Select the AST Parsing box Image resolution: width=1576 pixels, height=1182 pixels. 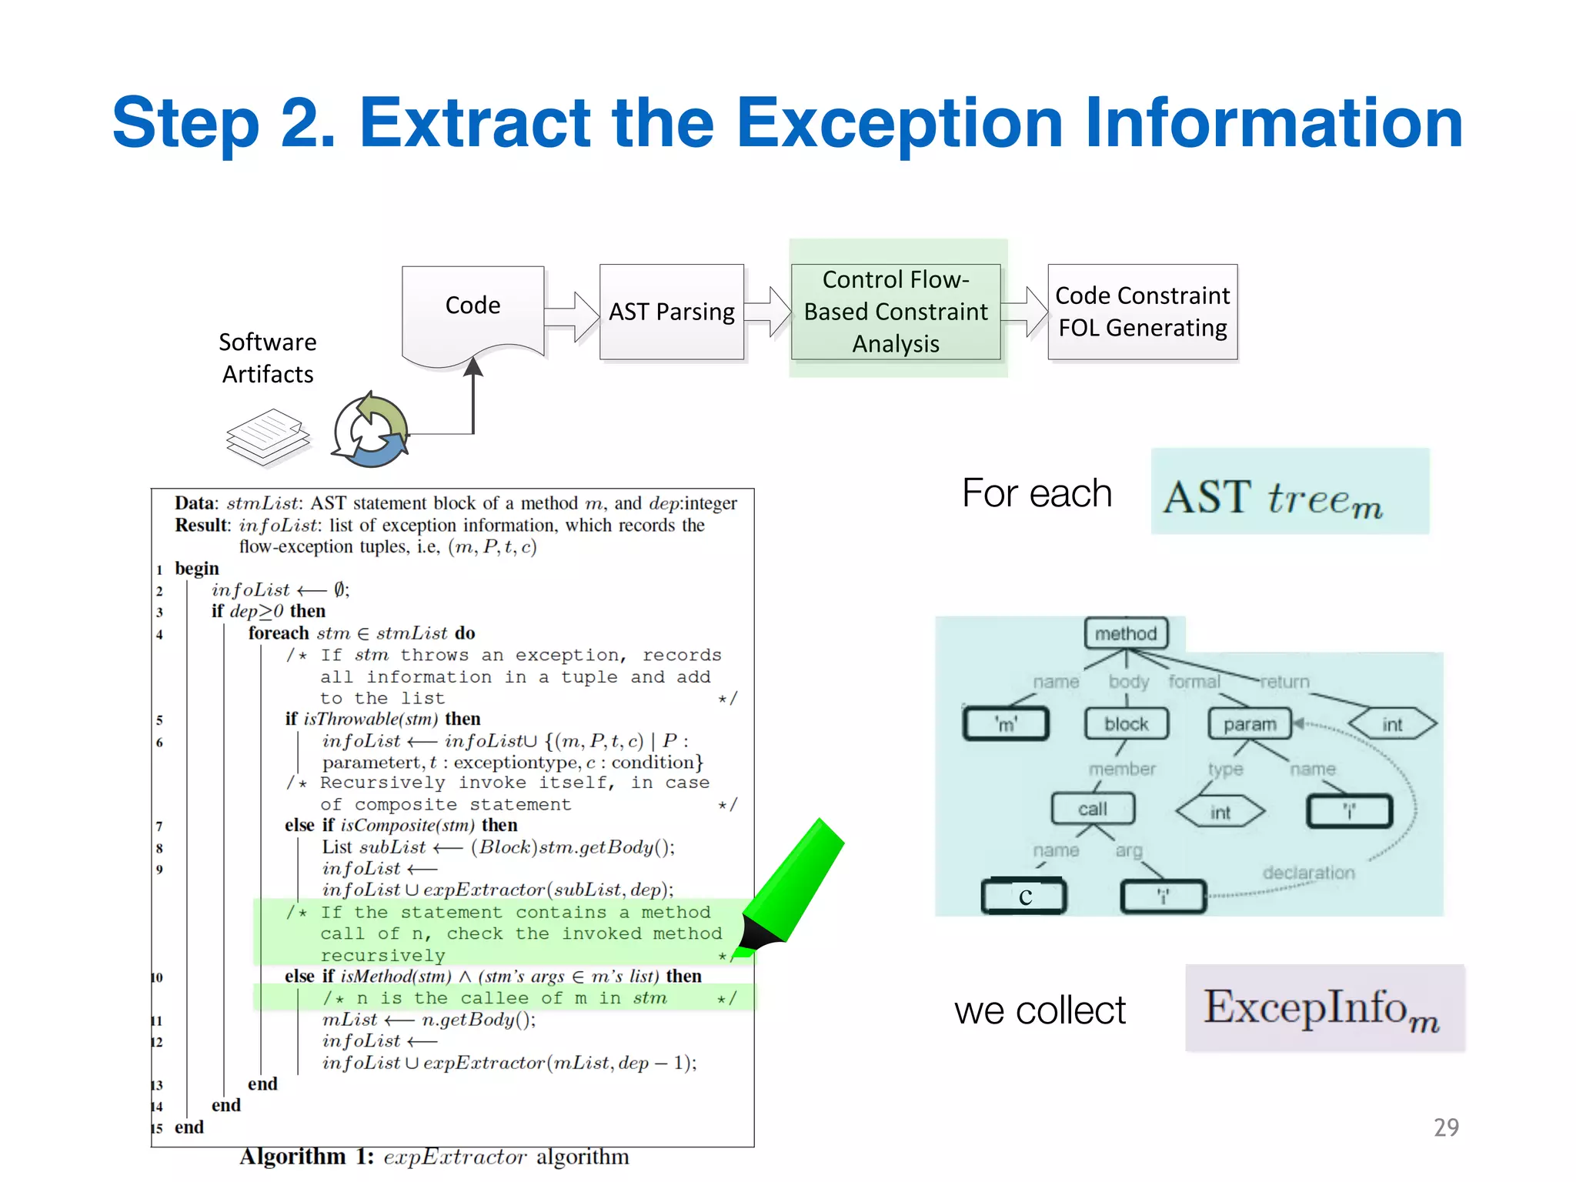671,312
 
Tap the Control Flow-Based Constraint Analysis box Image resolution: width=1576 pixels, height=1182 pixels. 896,312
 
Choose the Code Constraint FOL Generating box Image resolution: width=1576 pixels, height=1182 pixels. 1142,312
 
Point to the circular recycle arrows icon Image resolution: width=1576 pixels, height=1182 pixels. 371,431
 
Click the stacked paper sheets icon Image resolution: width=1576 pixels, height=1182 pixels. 268,436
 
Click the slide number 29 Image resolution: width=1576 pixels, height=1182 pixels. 1446,1127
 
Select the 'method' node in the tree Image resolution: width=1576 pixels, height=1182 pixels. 1126,633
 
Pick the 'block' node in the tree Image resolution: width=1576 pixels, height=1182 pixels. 1126,724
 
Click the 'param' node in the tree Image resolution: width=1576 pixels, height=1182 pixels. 1250,724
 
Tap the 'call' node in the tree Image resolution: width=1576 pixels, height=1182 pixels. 1093,809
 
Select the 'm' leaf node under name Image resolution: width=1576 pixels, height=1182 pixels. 1006,724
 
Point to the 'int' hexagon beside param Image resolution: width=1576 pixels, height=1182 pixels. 1392,724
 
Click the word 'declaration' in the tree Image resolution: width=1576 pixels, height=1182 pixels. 1308,873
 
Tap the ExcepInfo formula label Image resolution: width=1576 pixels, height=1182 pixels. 1324,1008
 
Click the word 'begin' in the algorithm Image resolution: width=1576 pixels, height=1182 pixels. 197,569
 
